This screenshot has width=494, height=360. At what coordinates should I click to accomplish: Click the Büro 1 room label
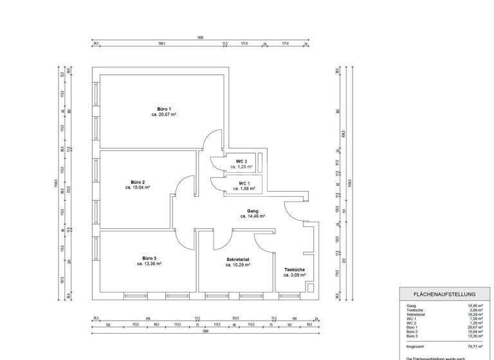click(164, 109)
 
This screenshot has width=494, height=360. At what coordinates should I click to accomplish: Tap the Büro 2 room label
click(138, 183)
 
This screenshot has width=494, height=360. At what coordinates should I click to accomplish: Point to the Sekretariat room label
click(238, 260)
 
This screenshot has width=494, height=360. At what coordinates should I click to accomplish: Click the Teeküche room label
click(293, 269)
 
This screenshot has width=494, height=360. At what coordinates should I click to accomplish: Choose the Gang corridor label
click(252, 211)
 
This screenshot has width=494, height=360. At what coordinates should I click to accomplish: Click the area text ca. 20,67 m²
click(164, 114)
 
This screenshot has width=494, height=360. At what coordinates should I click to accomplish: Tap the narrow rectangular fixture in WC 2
click(261, 163)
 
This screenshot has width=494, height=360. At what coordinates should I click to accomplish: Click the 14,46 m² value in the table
click(475, 305)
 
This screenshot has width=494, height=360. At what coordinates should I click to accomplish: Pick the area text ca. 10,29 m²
click(238, 265)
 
